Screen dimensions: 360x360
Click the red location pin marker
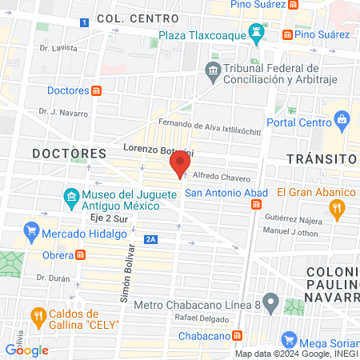pyautogui.click(x=179, y=165)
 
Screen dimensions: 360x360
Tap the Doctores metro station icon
pyautogui.click(x=96, y=90)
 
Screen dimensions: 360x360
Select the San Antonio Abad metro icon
pyautogui.click(x=256, y=205)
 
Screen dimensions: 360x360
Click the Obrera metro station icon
pyautogui.click(x=80, y=255)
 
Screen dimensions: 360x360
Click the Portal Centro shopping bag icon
pyautogui.click(x=343, y=122)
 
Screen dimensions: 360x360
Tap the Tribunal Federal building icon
pyautogui.click(x=213, y=71)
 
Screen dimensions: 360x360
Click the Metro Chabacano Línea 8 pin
pyautogui.click(x=270, y=304)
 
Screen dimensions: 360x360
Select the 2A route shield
pyautogui.click(x=150, y=239)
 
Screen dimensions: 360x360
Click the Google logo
pyautogui.click(x=26, y=350)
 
